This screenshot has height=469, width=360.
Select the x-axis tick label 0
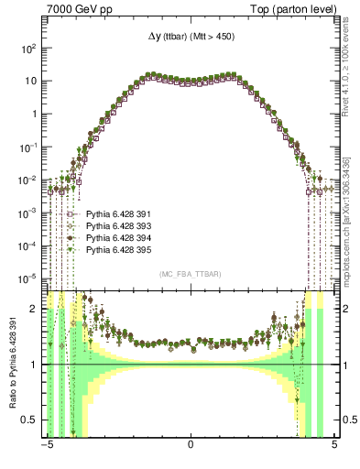click(190, 446)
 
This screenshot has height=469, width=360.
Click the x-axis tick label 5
click(334, 446)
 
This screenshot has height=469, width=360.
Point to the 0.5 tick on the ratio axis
click(29, 420)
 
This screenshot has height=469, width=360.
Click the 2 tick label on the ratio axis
click(34, 309)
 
